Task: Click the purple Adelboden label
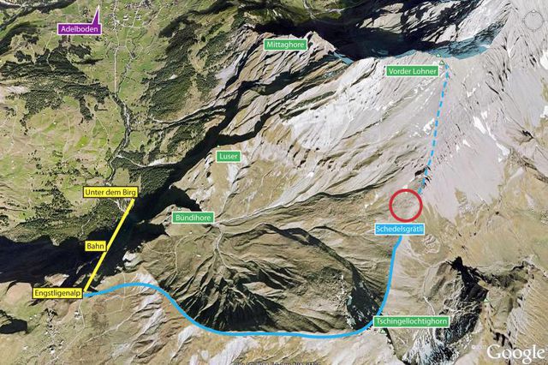[x=78, y=28]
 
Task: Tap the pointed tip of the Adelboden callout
[x=98, y=9]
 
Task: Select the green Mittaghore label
[x=285, y=44]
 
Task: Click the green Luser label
[x=229, y=157]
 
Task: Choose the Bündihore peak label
[x=194, y=218]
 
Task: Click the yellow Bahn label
[x=94, y=246]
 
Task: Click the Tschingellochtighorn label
[x=411, y=322]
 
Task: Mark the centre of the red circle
[x=406, y=206]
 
